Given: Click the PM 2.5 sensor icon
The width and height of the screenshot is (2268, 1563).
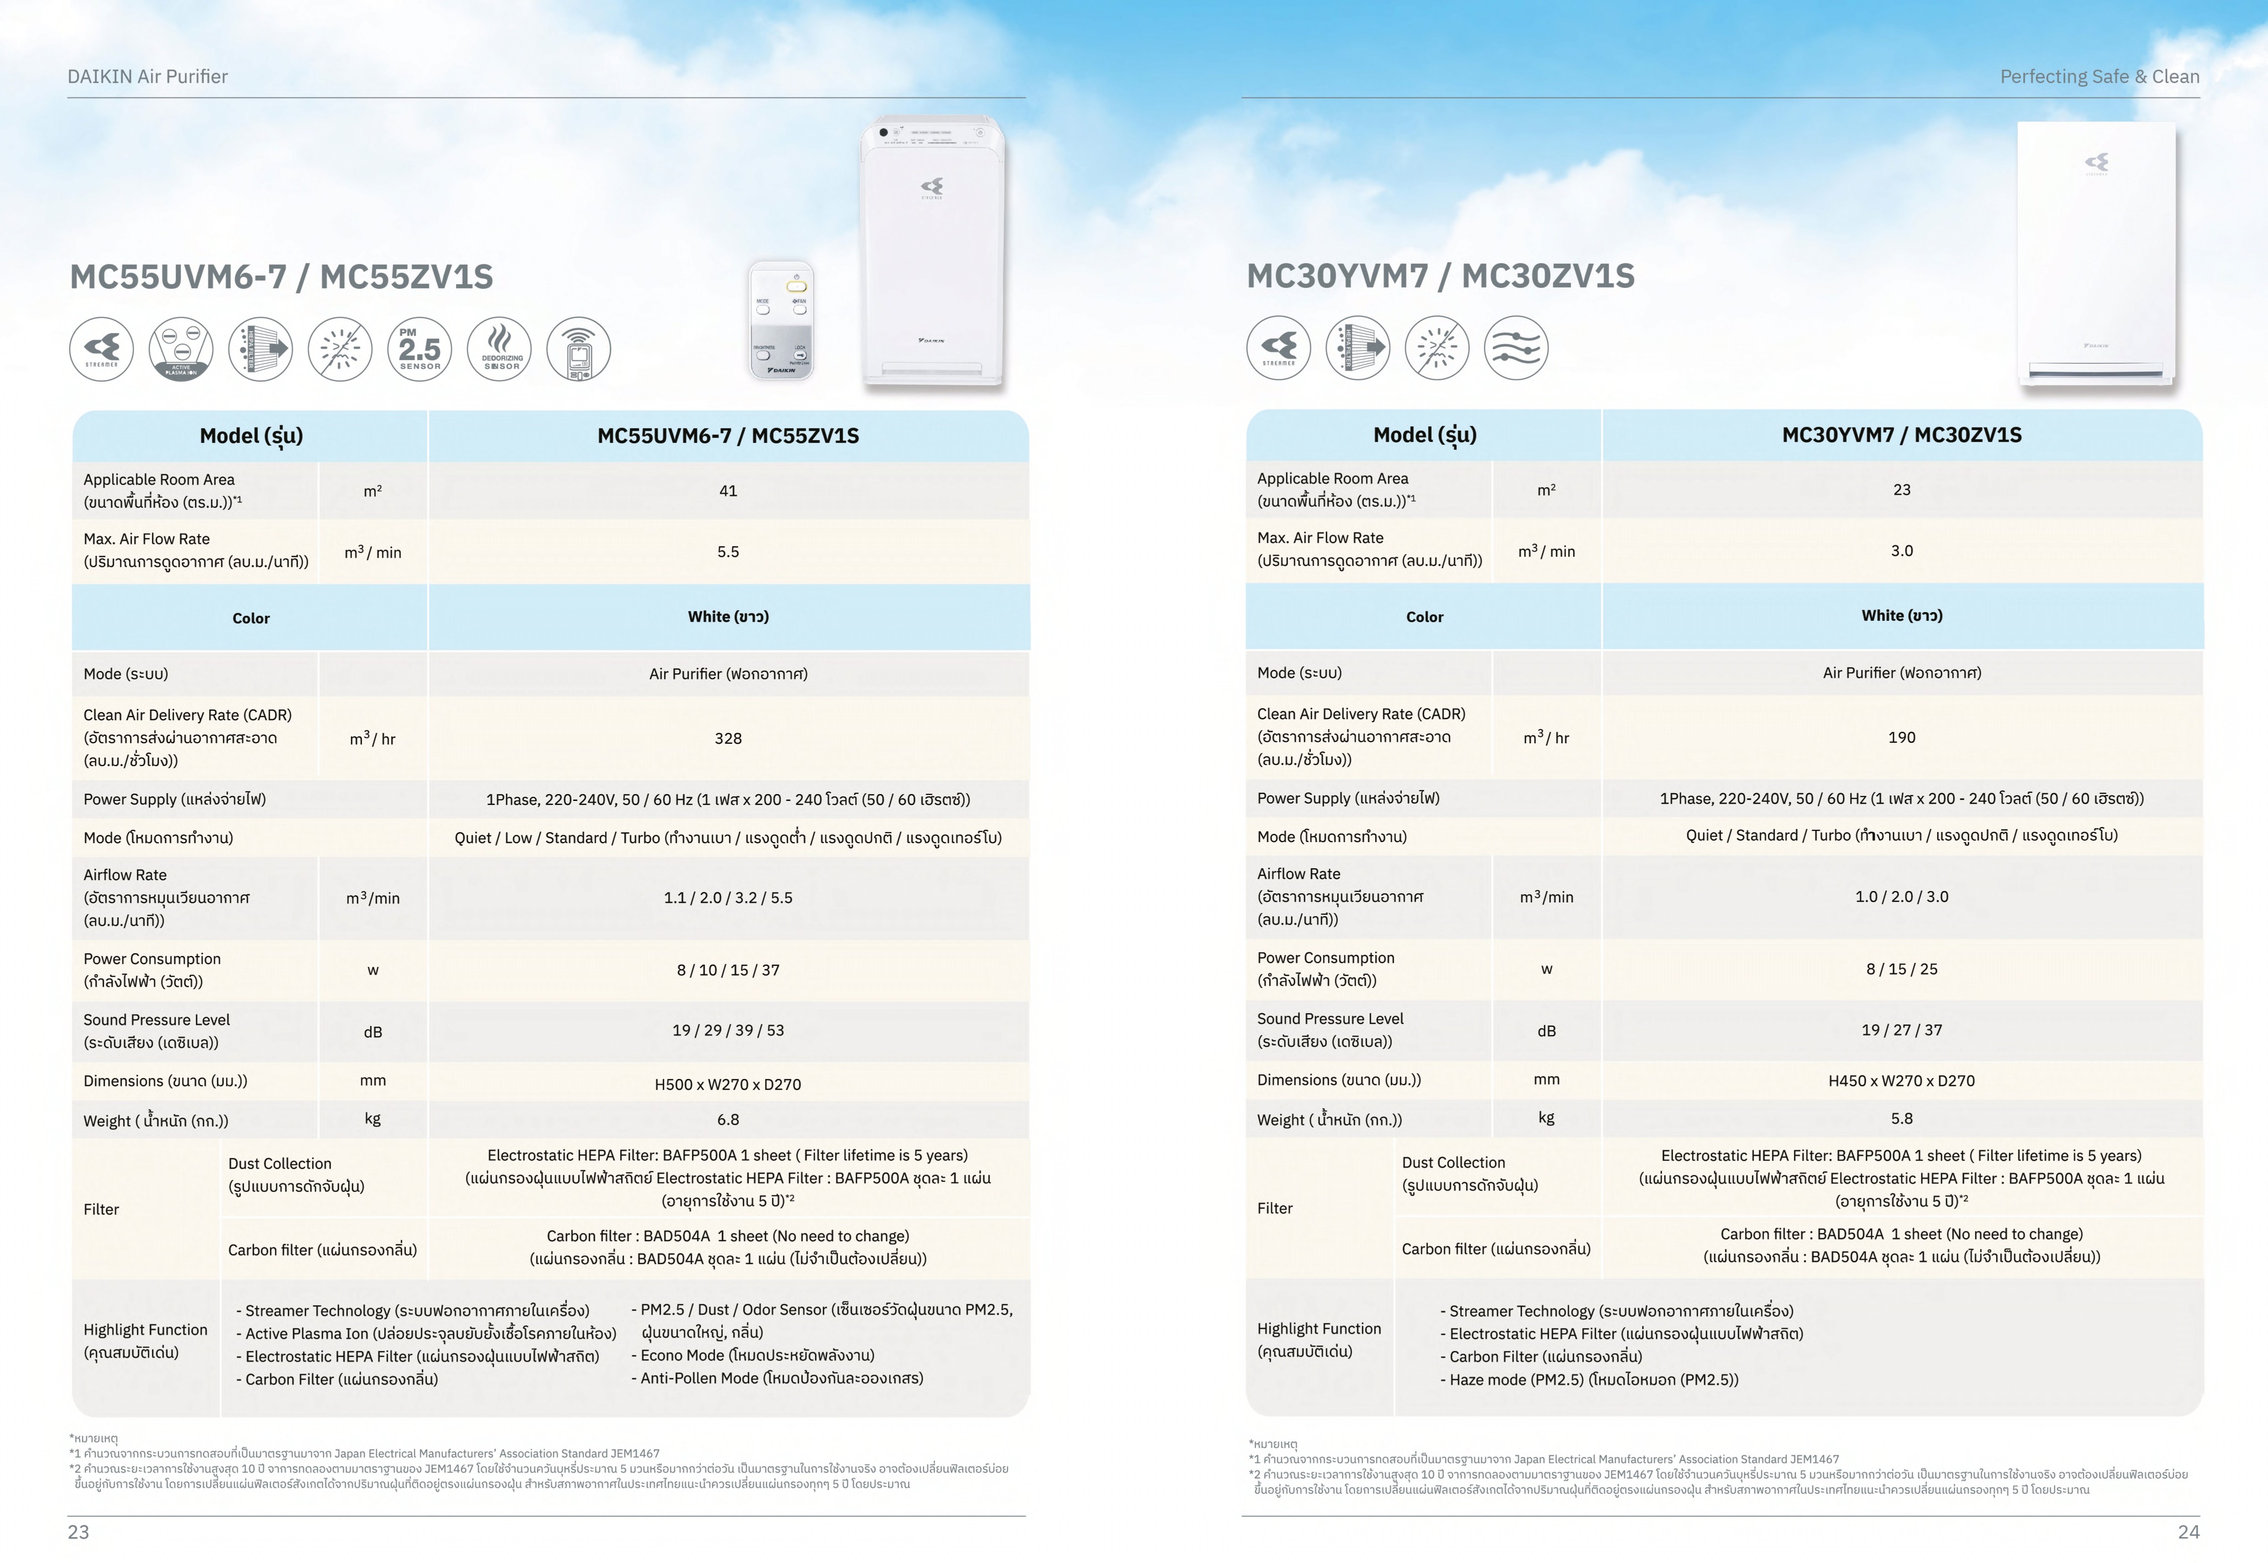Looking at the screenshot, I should click(x=419, y=349).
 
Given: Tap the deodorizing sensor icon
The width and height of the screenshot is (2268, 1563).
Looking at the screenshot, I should click(x=499, y=349).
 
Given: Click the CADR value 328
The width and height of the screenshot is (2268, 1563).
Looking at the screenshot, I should click(x=727, y=738).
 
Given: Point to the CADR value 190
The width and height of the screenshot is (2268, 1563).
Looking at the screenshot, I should click(x=1901, y=737).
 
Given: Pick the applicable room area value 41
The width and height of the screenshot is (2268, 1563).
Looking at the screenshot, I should click(x=727, y=491).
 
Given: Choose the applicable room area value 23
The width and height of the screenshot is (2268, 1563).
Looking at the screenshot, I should click(x=1901, y=490).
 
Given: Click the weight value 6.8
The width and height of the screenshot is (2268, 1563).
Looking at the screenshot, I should click(x=727, y=1120).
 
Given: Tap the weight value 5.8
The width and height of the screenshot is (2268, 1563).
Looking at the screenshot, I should click(x=1901, y=1118).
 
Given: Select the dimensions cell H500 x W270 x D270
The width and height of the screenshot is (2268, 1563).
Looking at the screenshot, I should click(x=727, y=1084).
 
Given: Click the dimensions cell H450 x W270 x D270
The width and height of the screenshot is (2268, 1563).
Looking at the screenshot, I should click(x=1901, y=1080).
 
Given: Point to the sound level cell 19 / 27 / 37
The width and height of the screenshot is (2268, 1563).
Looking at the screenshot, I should click(x=1901, y=1030).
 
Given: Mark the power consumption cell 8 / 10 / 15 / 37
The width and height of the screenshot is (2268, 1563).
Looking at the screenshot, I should click(x=727, y=970).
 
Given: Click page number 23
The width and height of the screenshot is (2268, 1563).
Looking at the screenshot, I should click(x=78, y=1531).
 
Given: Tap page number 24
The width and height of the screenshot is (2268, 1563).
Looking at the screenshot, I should click(x=2188, y=1531).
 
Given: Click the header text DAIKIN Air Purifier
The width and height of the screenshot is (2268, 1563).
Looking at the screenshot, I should click(x=148, y=76).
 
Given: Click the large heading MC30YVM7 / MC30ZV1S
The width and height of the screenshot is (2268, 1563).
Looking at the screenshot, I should click(x=1439, y=276).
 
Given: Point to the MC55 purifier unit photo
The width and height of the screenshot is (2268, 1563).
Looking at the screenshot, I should click(x=932, y=255).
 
